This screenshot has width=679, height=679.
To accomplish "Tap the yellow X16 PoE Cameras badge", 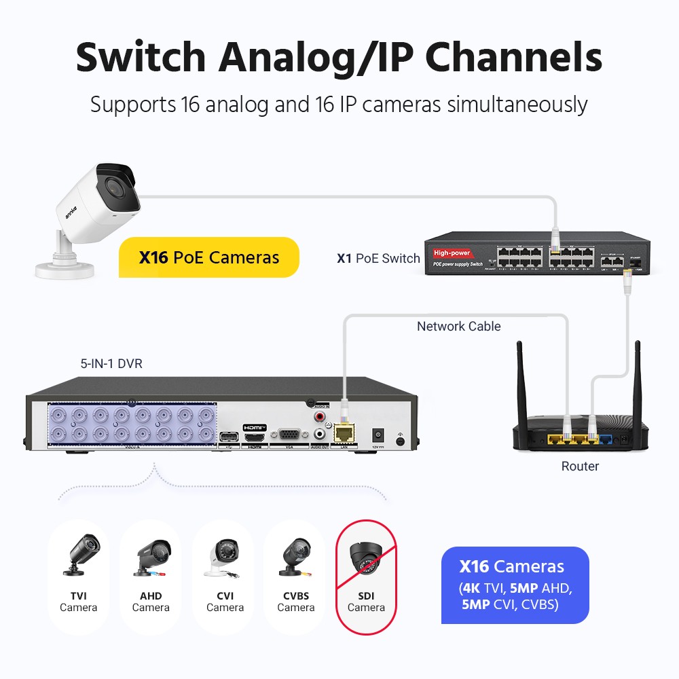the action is [209, 257].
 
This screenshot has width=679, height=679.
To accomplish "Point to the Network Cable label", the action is [458, 327].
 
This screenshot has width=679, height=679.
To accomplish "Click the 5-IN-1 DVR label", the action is [111, 364].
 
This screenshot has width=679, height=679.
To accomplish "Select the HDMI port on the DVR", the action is [255, 437].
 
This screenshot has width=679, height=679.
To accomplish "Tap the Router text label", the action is [580, 466].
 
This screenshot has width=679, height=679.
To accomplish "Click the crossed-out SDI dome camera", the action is [367, 558].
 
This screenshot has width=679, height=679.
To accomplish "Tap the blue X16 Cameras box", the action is [515, 585].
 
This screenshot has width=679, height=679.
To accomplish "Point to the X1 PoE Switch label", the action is [378, 259].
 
